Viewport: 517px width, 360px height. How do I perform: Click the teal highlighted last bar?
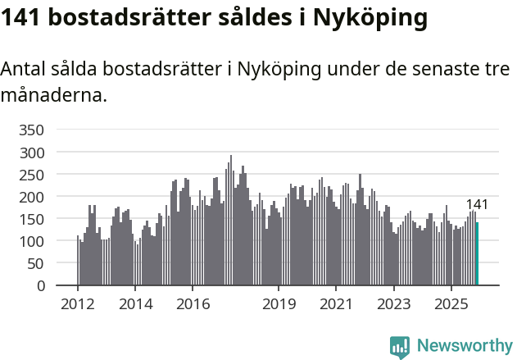click(x=477, y=254)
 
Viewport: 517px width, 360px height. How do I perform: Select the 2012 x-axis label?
click(x=78, y=304)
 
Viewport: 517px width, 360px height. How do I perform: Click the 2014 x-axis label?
click(x=135, y=304)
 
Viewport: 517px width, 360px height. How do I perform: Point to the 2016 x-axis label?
click(x=193, y=304)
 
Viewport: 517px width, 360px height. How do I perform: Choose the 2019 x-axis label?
click(x=279, y=304)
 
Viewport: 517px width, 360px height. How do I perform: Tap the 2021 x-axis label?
click(x=336, y=304)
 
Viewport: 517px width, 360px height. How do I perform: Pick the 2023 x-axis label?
click(x=393, y=304)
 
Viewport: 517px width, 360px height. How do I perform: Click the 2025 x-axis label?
click(x=451, y=304)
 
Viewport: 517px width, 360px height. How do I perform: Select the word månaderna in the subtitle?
click(x=54, y=95)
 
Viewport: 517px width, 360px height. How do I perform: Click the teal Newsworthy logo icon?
click(x=400, y=347)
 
